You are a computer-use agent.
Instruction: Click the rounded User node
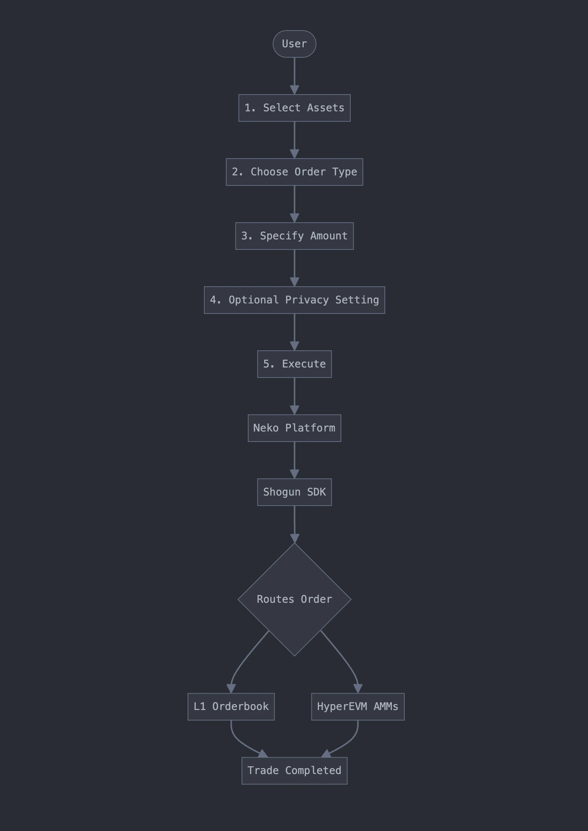tap(294, 44)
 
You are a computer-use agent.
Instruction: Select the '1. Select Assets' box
tap(294, 108)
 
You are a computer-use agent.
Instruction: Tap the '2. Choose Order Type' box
tap(294, 172)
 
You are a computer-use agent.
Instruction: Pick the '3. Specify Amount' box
tap(294, 236)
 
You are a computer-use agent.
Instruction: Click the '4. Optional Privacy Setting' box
tap(294, 300)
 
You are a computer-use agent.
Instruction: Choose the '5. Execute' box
tap(294, 364)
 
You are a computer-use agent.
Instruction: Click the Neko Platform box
tap(294, 428)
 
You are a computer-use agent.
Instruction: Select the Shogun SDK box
tap(294, 492)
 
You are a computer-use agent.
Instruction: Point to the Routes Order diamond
tap(294, 599)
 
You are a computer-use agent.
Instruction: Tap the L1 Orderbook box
tap(231, 707)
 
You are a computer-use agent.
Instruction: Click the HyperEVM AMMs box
tap(358, 707)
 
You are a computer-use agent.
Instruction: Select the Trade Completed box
tap(294, 771)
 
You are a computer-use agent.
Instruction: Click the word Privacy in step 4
tap(307, 300)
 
